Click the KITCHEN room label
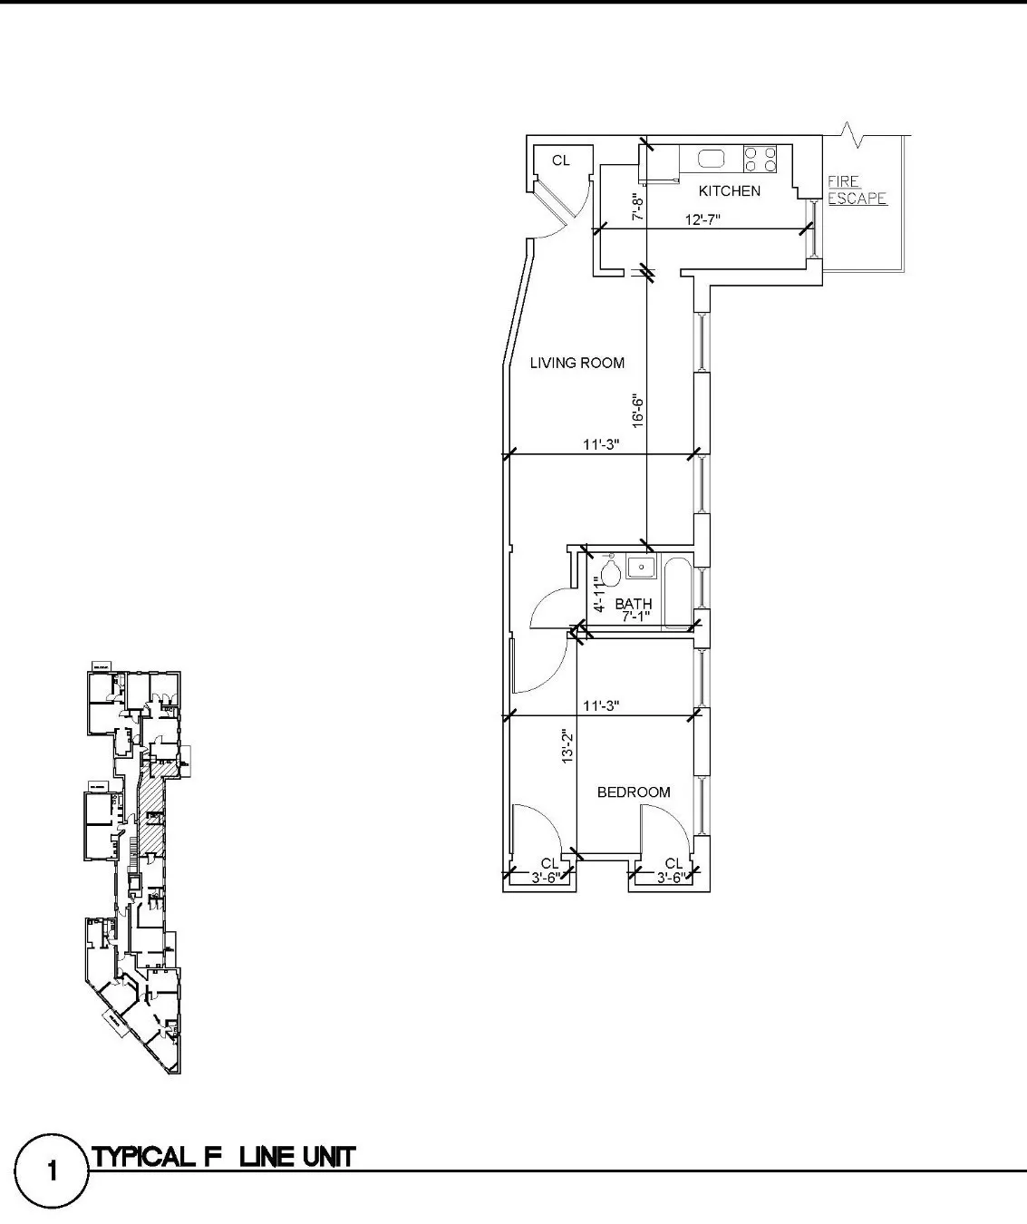coord(729,191)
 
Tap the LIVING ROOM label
coord(577,363)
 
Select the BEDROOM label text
coord(634,792)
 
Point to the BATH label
coord(633,604)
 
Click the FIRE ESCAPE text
coord(856,190)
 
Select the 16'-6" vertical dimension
coord(638,410)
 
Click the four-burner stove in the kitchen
coord(760,160)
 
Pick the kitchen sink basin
coord(712,160)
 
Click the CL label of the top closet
coord(561,160)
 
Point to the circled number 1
coord(52,1171)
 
